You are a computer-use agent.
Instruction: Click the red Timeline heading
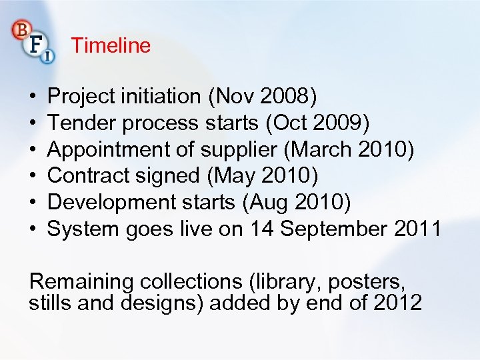(111, 46)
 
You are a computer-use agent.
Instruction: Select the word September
(333, 229)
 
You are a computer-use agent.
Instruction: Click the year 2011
(417, 229)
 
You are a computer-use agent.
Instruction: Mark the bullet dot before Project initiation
(33, 97)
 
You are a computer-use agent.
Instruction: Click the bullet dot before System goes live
(33, 230)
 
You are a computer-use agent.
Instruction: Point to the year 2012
(398, 303)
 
